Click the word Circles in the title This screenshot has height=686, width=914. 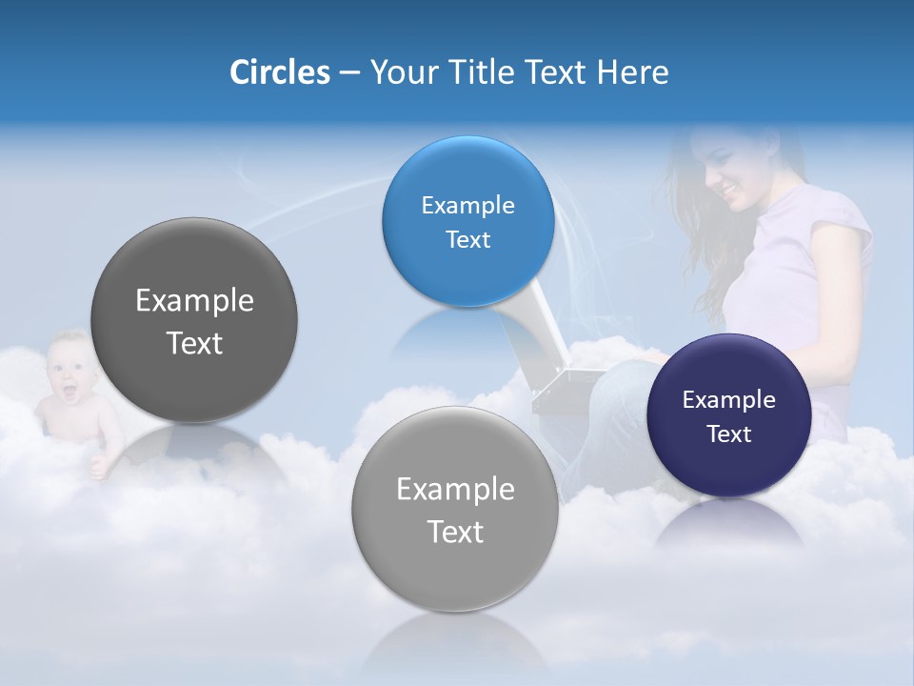(x=279, y=72)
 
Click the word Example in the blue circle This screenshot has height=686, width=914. (x=467, y=206)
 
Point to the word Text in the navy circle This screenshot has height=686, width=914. (x=728, y=434)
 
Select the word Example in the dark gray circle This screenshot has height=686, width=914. (x=194, y=301)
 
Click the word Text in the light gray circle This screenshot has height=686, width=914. (x=455, y=532)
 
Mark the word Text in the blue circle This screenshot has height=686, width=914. (x=467, y=240)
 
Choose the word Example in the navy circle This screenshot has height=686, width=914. (x=728, y=400)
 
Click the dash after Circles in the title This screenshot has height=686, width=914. (x=349, y=72)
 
